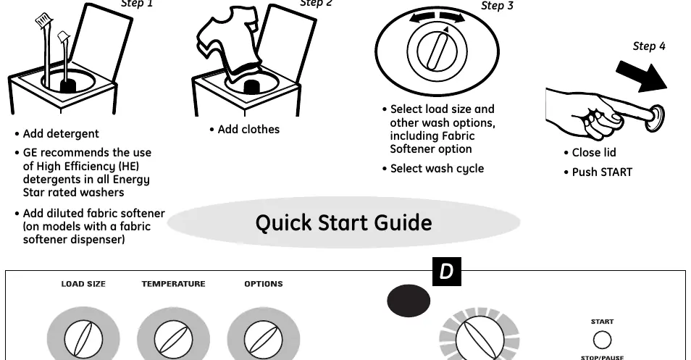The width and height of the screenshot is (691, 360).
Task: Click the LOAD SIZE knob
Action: pyautogui.click(x=83, y=339)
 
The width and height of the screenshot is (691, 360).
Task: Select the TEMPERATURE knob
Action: pyautogui.click(x=173, y=339)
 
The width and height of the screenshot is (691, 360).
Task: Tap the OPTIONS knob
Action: pyautogui.click(x=264, y=339)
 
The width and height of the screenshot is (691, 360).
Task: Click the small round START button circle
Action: pyautogui.click(x=602, y=340)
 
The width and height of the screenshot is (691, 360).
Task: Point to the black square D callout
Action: pyautogui.click(x=446, y=272)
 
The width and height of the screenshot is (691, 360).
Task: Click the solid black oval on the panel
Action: pyautogui.click(x=409, y=301)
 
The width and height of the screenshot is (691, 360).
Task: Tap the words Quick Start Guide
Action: pyautogui.click(x=344, y=222)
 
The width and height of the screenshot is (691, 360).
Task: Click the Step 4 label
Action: pyautogui.click(x=649, y=46)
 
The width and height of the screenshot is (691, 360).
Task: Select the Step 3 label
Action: pyautogui.click(x=497, y=6)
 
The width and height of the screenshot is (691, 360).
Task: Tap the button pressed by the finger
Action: pyautogui.click(x=655, y=117)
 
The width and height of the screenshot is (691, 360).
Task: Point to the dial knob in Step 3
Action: pyautogui.click(x=437, y=51)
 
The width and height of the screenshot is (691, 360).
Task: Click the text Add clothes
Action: pyautogui.click(x=248, y=130)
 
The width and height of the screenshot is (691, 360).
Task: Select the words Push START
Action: pyautogui.click(x=602, y=172)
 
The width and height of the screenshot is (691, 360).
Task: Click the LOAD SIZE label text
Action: pyautogui.click(x=83, y=284)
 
